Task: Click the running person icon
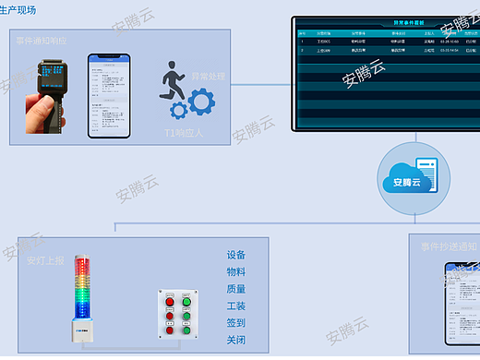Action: [x=174, y=81]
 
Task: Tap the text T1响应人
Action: [x=183, y=133]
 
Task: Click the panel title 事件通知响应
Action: [x=42, y=42]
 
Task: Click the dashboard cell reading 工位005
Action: [x=324, y=42]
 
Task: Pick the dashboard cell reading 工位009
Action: [x=324, y=52]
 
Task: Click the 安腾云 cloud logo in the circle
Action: [x=401, y=181]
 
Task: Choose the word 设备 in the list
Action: [x=235, y=256]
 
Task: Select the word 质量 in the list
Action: [x=235, y=289]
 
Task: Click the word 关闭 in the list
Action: [x=235, y=340]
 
